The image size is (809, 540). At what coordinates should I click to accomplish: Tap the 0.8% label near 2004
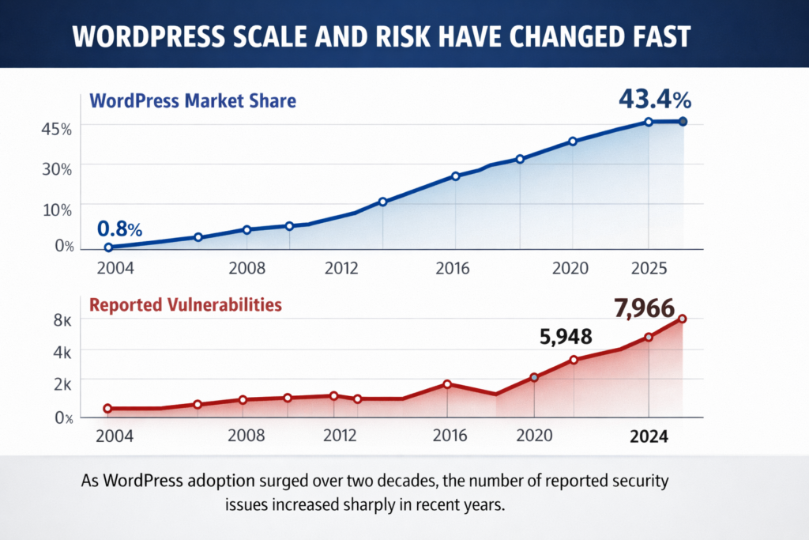[x=119, y=229]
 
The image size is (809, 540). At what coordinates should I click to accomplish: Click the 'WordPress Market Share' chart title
[x=193, y=101]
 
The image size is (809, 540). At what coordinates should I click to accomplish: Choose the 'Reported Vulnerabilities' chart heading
[x=184, y=304]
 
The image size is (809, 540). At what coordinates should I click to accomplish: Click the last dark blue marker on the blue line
[x=683, y=121]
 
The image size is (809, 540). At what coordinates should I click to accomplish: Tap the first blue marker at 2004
[x=108, y=247]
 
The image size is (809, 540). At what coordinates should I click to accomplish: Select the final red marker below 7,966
[x=683, y=319]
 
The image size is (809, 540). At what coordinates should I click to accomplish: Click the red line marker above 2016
[x=447, y=384]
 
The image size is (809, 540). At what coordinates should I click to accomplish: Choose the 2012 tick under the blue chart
[x=341, y=269]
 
